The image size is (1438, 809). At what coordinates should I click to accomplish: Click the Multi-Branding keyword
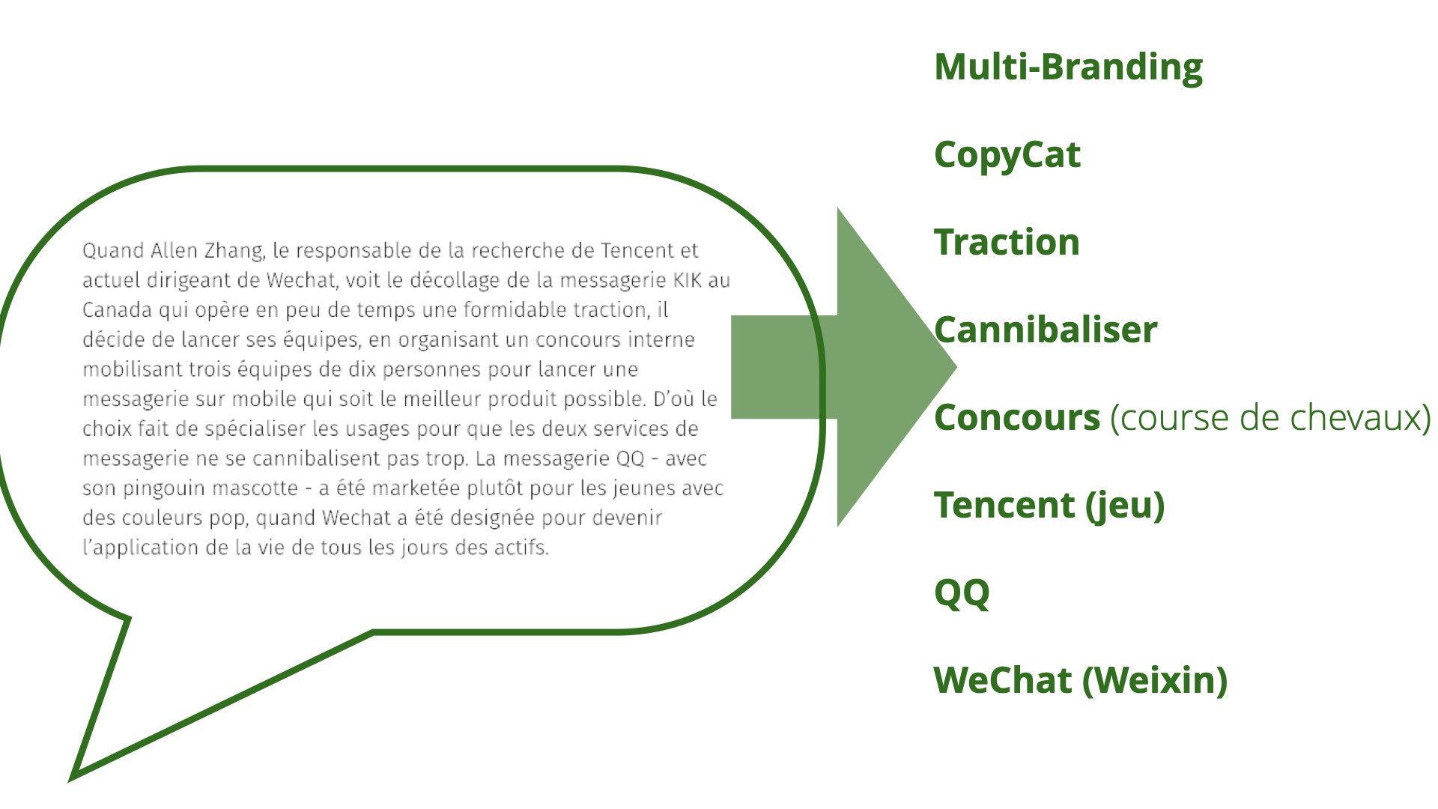1069,67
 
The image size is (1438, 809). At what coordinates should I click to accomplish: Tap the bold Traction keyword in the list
1007,242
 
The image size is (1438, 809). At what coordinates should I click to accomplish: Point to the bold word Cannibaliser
1046,330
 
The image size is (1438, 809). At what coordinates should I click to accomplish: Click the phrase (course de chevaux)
1270,418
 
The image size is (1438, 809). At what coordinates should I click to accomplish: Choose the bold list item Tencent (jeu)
1049,506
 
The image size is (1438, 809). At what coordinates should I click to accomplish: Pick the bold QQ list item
962,594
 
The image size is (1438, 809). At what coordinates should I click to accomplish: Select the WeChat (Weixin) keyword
1081,681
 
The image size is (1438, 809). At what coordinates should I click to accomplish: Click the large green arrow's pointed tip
956,367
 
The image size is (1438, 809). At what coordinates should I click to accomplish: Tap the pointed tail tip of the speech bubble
72,778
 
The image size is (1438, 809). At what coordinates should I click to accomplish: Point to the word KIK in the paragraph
688,280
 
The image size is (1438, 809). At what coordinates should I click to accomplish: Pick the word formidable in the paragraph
515,309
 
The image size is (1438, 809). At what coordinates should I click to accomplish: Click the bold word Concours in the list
1017,418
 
